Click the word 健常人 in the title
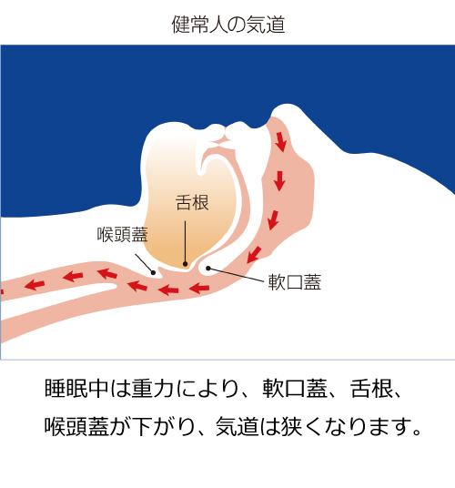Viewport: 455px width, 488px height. coord(199,25)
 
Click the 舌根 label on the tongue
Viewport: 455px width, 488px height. coord(192,203)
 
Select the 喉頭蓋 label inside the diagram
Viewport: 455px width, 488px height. coord(123,234)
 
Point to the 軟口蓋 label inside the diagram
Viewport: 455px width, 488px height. coord(295,282)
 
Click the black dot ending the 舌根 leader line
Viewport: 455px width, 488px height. coord(186,264)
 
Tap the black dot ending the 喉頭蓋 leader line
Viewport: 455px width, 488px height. coord(153,273)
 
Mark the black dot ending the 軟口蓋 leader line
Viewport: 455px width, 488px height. coord(208,269)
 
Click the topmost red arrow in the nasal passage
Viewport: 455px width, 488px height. coord(281,142)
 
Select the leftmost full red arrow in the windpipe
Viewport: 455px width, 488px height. coord(35,284)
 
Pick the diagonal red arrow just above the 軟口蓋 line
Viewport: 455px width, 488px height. coord(254,255)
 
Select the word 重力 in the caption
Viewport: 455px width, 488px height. coord(152,388)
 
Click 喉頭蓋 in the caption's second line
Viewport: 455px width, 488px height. coord(76,426)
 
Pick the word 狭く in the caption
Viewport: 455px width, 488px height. coord(300,426)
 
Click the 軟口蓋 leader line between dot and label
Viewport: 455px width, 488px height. coord(236,275)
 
